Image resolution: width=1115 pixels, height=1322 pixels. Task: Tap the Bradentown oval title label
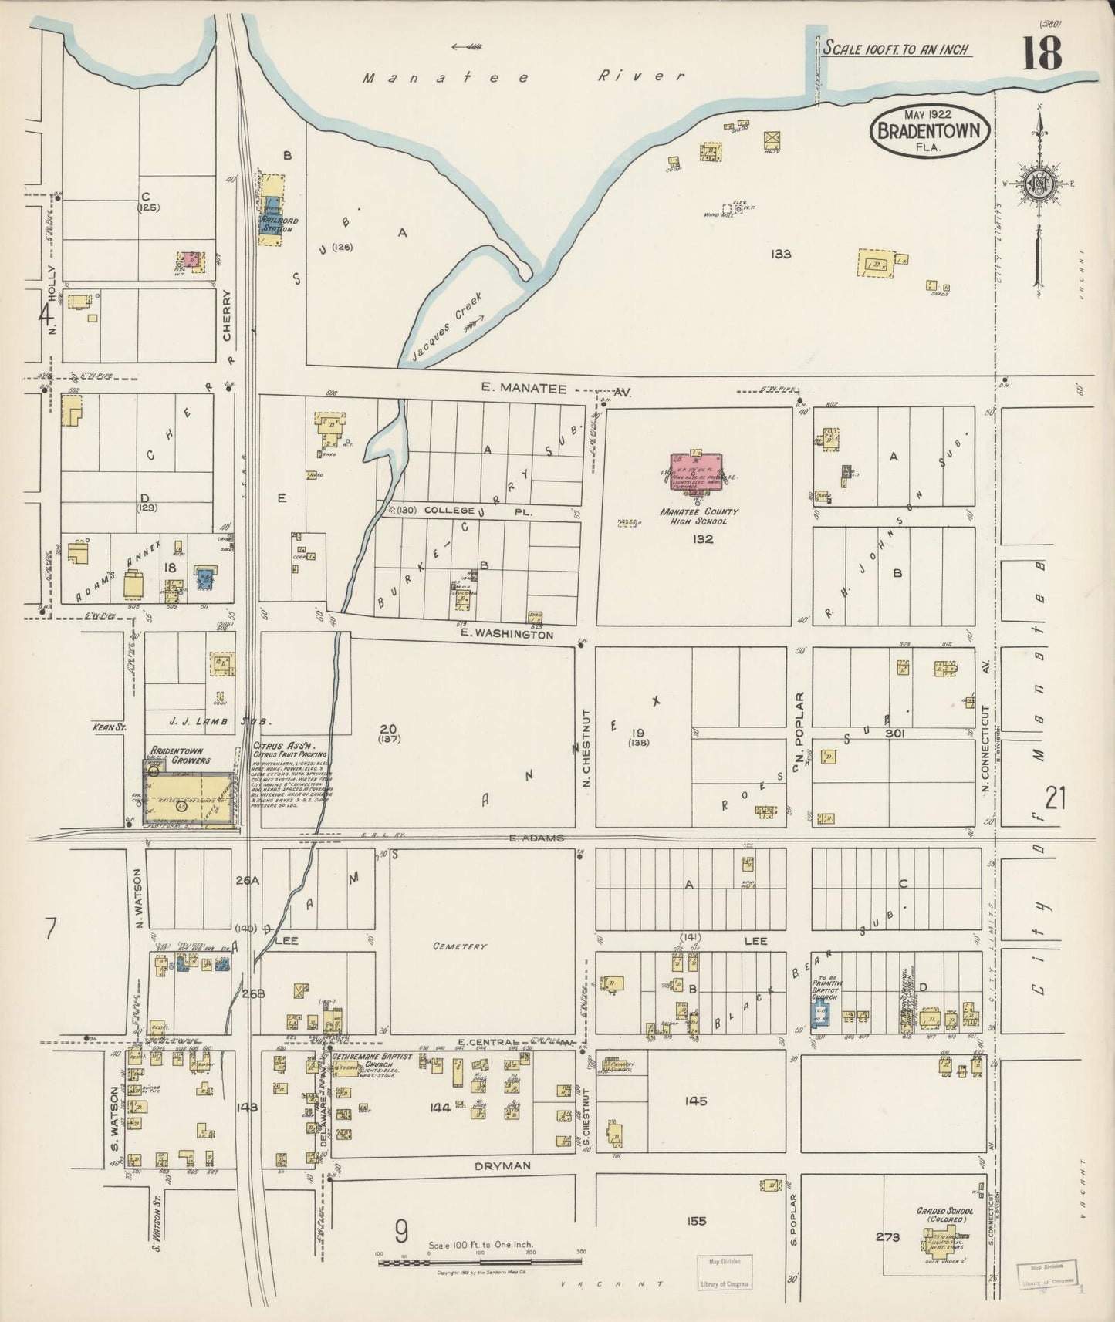coord(930,130)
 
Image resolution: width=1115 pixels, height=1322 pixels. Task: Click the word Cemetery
coord(459,946)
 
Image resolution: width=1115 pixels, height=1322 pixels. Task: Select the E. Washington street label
coord(506,635)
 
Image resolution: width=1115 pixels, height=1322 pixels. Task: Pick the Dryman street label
coord(502,1166)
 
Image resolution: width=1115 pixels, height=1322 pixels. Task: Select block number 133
coord(781,253)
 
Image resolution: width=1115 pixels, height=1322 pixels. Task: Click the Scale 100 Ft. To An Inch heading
coord(895,49)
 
